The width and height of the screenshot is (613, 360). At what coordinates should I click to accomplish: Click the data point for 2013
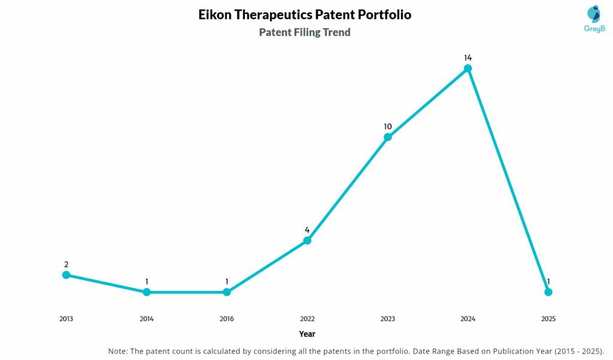tap(66, 275)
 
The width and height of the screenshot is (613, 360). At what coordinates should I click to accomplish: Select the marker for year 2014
tap(147, 292)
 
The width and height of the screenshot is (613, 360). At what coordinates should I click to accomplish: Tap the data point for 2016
tap(227, 292)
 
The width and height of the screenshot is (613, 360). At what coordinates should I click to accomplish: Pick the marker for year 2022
tap(307, 240)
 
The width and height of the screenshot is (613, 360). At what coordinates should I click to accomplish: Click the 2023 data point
tap(387, 137)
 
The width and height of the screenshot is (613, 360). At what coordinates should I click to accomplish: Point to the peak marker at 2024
tap(468, 68)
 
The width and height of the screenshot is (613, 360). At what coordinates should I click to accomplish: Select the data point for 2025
tap(548, 292)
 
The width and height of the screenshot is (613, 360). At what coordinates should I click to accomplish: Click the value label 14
tap(468, 58)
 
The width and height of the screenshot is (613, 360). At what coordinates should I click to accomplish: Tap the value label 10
tap(387, 126)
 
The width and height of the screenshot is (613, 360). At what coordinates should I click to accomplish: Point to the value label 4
tap(307, 230)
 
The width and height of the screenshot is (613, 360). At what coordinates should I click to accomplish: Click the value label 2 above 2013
tap(66, 264)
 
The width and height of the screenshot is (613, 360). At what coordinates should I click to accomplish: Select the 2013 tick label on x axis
tap(66, 319)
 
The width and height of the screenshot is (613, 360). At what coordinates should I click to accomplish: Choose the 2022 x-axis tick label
tap(307, 319)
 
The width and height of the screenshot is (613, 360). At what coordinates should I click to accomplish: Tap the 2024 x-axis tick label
tap(468, 319)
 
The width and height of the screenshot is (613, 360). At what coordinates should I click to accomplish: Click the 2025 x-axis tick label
tap(548, 319)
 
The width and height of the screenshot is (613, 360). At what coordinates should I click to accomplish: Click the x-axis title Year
tap(307, 334)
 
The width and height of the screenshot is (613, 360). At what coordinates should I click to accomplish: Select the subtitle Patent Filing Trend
tap(305, 32)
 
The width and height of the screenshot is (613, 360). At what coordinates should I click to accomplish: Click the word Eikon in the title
tap(216, 15)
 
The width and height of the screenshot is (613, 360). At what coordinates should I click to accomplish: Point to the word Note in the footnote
tap(118, 351)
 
